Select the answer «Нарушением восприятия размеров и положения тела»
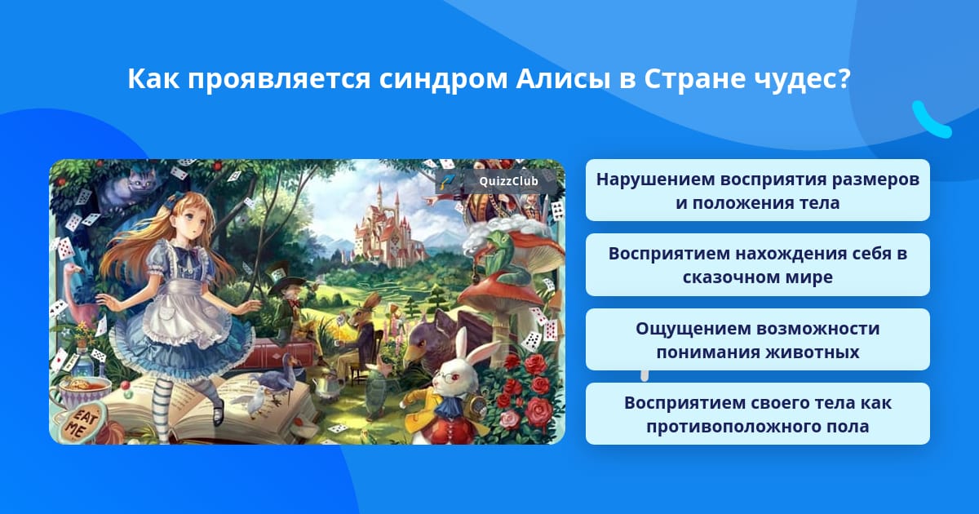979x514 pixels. tap(757, 190)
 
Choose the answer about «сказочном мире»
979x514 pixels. tap(757, 265)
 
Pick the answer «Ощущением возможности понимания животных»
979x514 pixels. tap(757, 339)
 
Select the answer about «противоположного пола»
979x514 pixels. tap(757, 414)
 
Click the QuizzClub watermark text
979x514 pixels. tap(508, 181)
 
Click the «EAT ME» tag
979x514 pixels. tap(81, 423)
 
